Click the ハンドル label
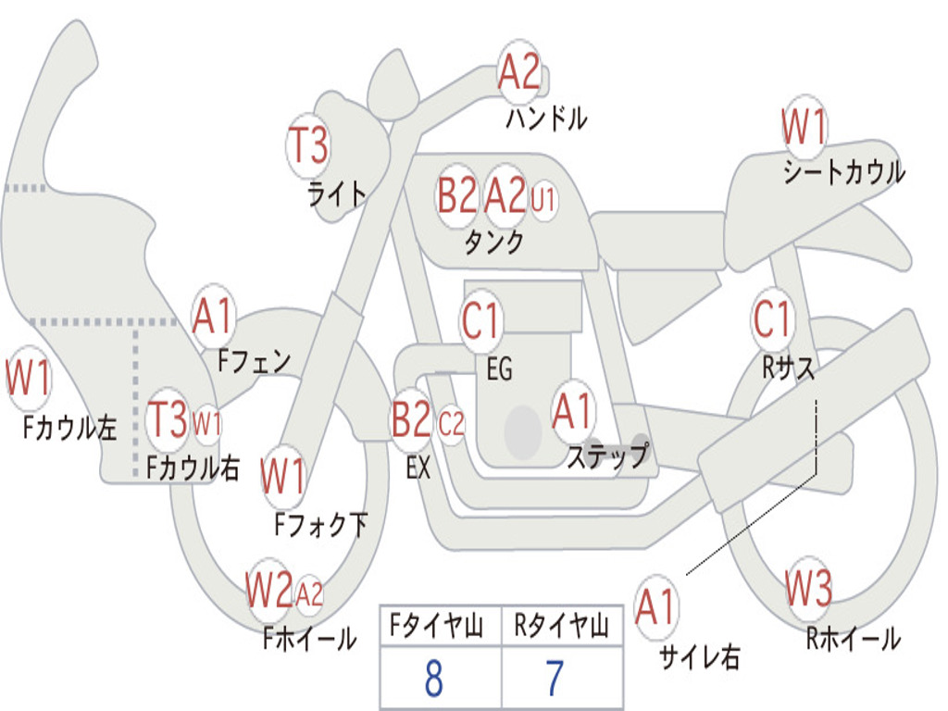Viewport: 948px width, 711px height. pos(546,118)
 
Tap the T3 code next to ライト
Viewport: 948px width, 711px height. pos(308,146)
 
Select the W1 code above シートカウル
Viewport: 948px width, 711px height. pos(804,127)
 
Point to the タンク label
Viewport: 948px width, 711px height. pos(493,243)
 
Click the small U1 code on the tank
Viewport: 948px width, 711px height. pos(543,200)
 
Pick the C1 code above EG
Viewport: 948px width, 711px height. pos(480,319)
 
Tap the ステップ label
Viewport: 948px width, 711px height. pos(608,455)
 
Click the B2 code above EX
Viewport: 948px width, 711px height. pos(411,419)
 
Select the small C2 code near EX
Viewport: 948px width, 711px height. pos(452,424)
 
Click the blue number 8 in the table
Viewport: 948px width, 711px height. pos(434,679)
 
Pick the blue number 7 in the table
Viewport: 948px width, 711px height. pos(555,679)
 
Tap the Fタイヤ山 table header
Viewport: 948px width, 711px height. pos(436,626)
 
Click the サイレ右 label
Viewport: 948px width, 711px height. pos(700,656)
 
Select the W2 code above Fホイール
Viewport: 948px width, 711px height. pos(269,590)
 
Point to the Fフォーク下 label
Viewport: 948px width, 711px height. pos(320,525)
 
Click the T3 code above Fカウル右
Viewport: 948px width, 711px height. pos(168,419)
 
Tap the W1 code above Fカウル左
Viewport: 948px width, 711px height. pos(28,378)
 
